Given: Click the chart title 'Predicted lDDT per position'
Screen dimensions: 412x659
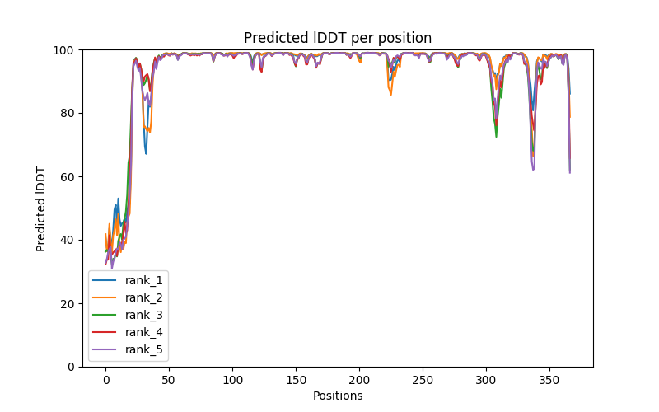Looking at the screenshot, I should click(x=338, y=38).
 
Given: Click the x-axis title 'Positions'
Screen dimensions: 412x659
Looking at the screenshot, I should click(x=338, y=396).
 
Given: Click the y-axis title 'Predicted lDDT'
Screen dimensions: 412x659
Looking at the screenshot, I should click(x=42, y=208).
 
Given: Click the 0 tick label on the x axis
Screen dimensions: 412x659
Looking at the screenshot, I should click(x=105, y=379).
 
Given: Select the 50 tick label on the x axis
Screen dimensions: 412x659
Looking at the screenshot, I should click(x=169, y=379).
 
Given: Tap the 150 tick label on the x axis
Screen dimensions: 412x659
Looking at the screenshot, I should click(x=296, y=379).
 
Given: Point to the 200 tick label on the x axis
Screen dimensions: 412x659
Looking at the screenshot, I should click(x=359, y=379).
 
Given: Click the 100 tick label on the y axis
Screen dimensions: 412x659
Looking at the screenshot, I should click(x=65, y=50).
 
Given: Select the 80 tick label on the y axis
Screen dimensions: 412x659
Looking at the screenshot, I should click(x=68, y=114).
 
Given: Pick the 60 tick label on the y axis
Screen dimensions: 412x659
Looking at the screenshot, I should click(x=68, y=177).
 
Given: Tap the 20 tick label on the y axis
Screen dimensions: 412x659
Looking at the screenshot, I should click(x=68, y=303).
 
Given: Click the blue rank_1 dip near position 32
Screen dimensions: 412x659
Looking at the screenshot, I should click(x=146, y=153).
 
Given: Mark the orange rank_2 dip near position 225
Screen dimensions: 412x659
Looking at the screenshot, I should click(x=390, y=94).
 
